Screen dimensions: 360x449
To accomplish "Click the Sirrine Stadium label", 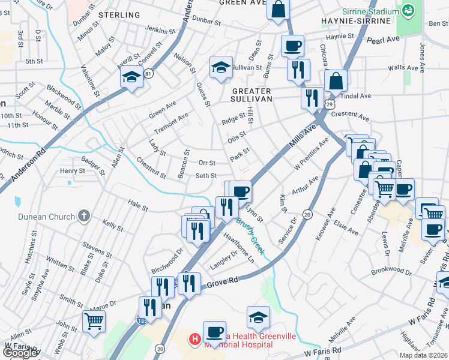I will tap(370, 11).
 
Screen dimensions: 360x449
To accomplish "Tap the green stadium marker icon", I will tap(408, 10).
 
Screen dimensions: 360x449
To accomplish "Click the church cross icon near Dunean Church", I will tap(84, 216).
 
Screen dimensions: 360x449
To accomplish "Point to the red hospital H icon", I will tap(195, 340).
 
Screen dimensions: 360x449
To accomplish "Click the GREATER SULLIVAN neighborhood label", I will tap(252, 94).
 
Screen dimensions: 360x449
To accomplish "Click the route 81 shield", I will tap(148, 73).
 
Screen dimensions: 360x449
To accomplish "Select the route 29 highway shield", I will tap(330, 104).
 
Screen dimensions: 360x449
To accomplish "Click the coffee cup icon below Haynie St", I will tap(292, 45).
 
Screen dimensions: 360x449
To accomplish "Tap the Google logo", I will tap(20, 353).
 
